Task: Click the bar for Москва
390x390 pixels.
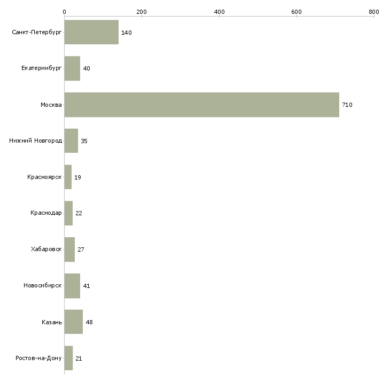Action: (201, 105)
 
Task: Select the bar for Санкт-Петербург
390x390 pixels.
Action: (91, 33)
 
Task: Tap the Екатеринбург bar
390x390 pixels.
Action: (72, 68)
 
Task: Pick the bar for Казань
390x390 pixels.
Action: (74, 322)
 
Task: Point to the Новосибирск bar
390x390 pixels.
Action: (72, 286)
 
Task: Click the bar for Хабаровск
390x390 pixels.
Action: (69, 249)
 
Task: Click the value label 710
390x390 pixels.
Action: (347, 105)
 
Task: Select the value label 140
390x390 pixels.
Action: (127, 33)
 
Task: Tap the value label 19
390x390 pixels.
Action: (78, 177)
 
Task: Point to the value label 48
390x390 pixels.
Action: (89, 322)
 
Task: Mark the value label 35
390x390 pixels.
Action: (84, 141)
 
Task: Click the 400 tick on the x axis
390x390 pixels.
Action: (219, 11)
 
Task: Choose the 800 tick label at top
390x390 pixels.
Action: (373, 11)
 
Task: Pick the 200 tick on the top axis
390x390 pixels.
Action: (142, 11)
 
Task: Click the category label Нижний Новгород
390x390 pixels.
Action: (35, 141)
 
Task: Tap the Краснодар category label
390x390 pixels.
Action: (46, 213)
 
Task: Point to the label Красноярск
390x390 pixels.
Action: (44, 177)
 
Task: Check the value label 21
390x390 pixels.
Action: (79, 358)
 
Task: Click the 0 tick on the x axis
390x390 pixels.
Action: (64, 11)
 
